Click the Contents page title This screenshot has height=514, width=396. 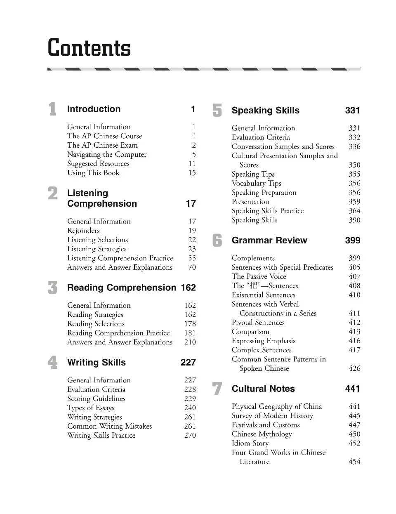click(89, 48)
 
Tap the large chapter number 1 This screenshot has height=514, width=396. click(52, 109)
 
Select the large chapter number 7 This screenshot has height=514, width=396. click(217, 389)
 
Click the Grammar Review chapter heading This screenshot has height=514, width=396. click(269, 240)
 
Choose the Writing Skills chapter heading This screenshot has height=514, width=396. click(97, 363)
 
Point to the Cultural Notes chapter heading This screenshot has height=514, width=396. click(263, 389)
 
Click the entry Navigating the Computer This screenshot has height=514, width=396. click(107, 154)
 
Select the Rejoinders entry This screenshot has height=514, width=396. click(83, 231)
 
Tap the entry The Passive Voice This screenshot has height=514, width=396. click(259, 276)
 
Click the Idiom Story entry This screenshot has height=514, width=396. click(250, 443)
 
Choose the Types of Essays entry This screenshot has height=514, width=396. click(91, 408)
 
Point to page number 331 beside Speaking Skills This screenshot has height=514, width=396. click(352, 111)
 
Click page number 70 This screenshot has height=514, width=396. click(192, 267)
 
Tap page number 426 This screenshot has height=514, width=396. click(354, 368)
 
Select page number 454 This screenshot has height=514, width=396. click(354, 462)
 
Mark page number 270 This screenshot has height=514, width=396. click(190, 435)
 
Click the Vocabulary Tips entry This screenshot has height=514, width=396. click(256, 183)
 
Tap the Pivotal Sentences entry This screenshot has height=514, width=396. click(258, 323)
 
